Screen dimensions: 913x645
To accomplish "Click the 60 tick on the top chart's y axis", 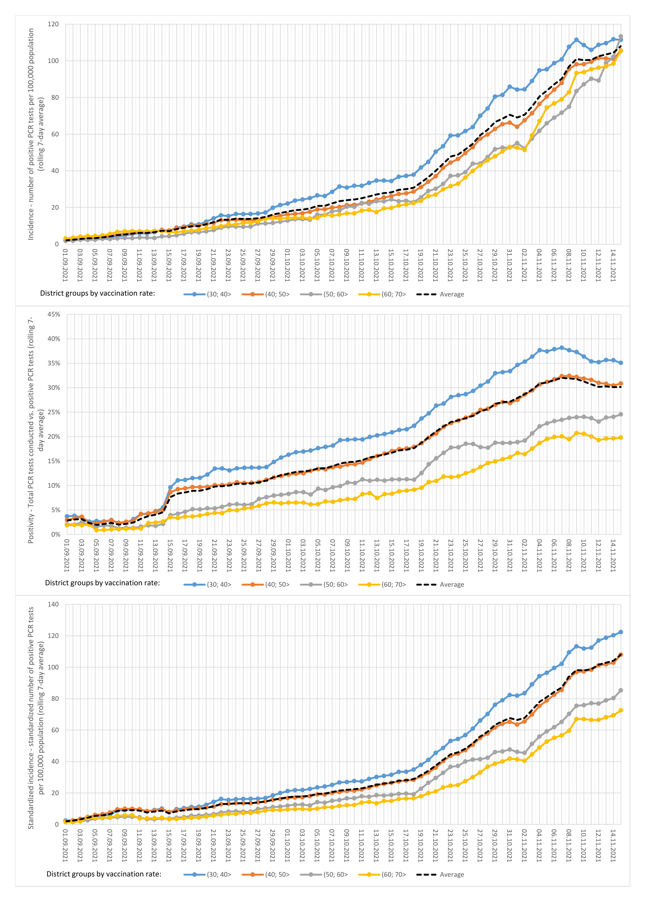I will pos(55,134).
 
